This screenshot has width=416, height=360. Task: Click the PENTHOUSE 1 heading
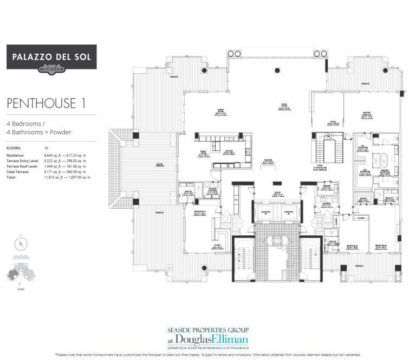point(46,103)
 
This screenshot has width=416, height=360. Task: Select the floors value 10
point(47,147)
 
